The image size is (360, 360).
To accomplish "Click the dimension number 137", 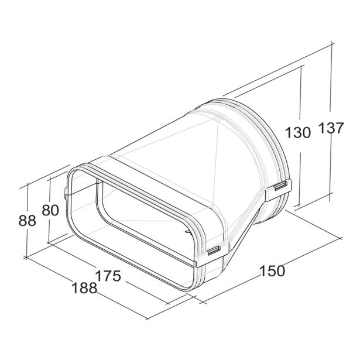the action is click(331, 128).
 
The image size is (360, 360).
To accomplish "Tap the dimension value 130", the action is click(298, 133).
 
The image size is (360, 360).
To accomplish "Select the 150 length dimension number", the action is click(273, 270).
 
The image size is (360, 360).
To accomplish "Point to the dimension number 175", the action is click(108, 276).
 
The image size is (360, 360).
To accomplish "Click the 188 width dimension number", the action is click(84, 288).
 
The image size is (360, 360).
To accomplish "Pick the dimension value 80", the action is click(50, 210).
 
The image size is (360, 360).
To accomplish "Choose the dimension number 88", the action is click(28, 221).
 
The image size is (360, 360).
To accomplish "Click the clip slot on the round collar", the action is click(280, 186).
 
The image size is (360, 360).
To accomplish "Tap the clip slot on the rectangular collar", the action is click(214, 250).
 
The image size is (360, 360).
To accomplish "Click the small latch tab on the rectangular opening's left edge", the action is click(66, 193).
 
